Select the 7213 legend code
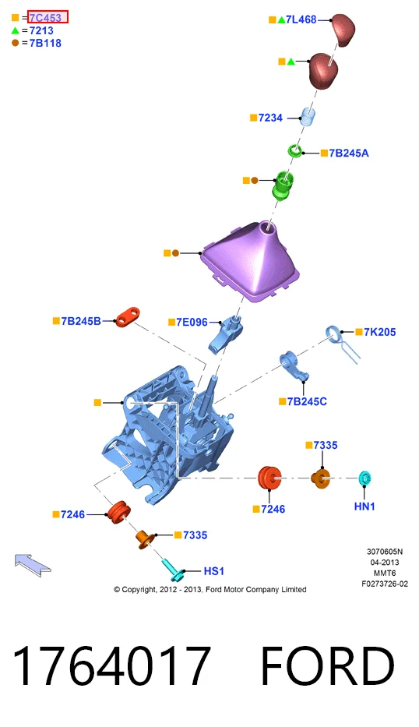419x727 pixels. coord(41,30)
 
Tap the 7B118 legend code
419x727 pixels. coord(45,43)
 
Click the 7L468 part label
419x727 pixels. coord(301,19)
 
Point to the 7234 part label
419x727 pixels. coord(271,118)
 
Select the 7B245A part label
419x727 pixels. coord(349,153)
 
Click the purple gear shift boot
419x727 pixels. coord(250,262)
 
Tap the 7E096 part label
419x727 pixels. coord(192,322)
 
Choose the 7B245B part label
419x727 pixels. coord(81,321)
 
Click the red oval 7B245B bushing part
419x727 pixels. coord(128,316)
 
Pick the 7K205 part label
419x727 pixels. coord(379,332)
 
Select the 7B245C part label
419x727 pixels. coord(307,401)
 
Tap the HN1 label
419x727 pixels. coord(364,506)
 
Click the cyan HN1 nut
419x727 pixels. coord(365,478)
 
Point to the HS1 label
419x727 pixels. coord(213,570)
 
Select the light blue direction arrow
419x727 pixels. coord(33,565)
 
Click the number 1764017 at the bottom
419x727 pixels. coord(111,665)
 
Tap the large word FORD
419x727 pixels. coord(327,665)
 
